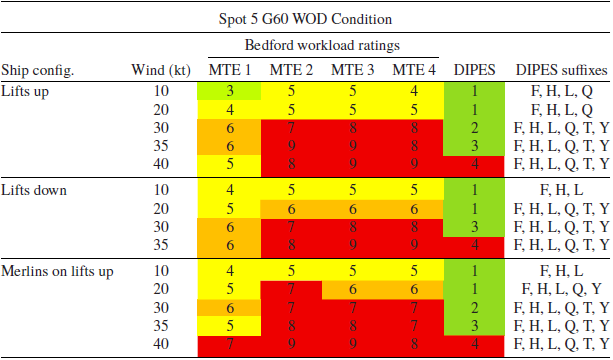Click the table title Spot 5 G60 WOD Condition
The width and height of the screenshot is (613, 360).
305,18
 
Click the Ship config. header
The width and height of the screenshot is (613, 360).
38,70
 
